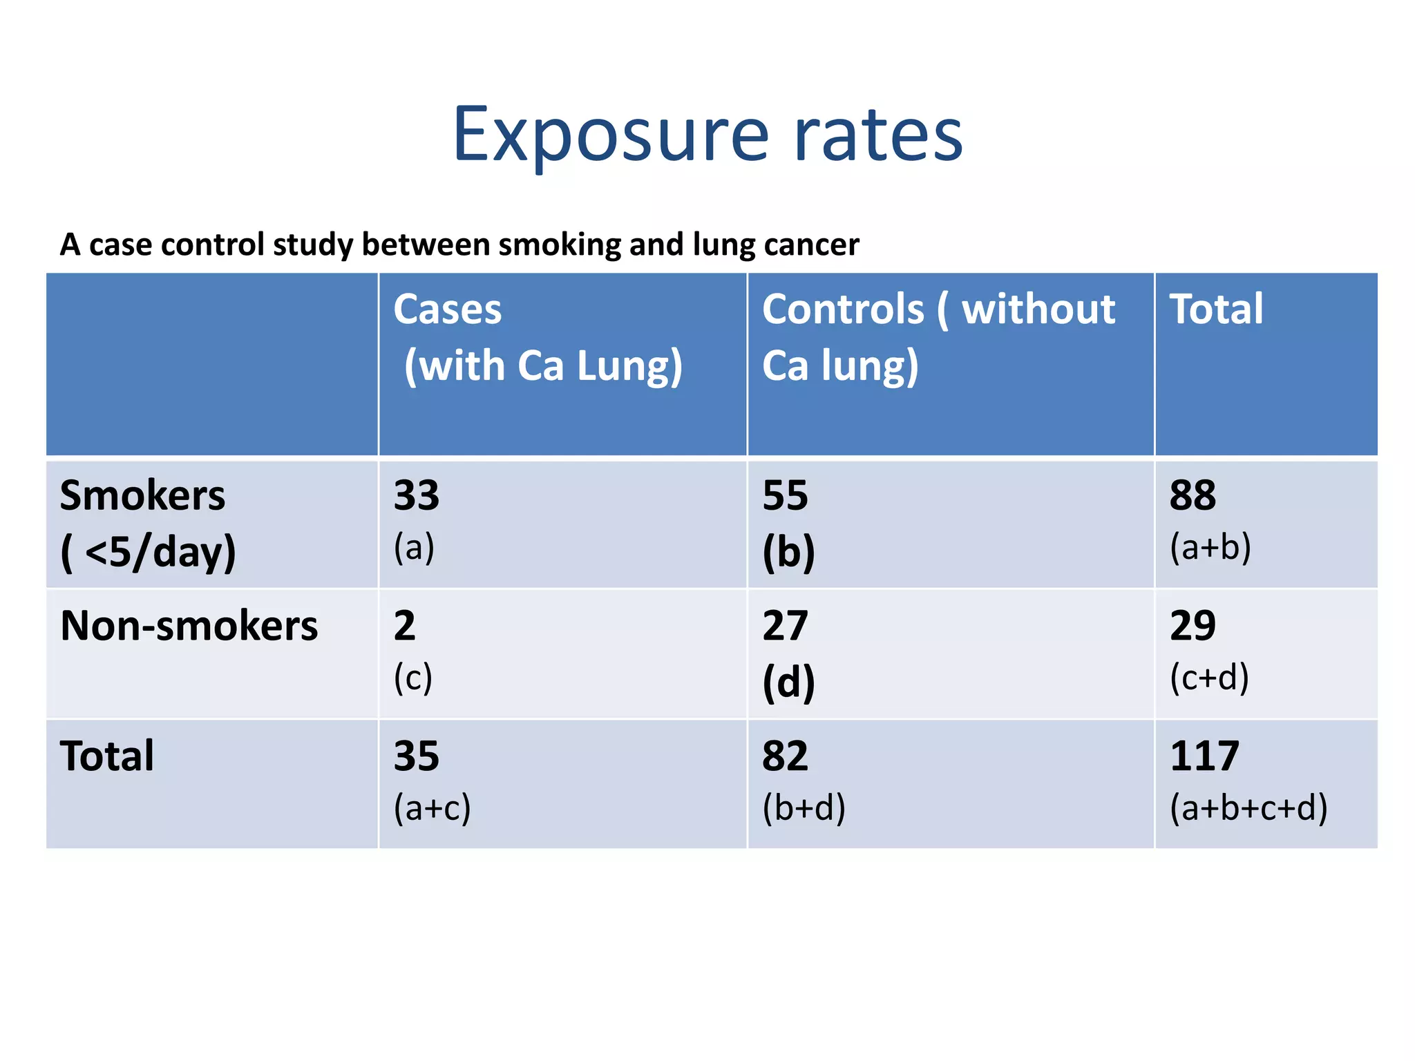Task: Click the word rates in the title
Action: tap(878, 135)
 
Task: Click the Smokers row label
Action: tap(142, 496)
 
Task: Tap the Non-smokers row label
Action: tap(189, 626)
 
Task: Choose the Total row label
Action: tap(107, 756)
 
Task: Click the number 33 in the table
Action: tap(416, 495)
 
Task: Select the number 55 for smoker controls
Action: tap(785, 495)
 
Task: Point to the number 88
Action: tap(1193, 495)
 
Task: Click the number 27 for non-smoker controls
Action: tap(785, 626)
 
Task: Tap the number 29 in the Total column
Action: tap(1193, 626)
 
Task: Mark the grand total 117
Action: tap(1204, 756)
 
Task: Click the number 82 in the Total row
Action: tap(785, 756)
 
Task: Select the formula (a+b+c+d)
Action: tap(1248, 807)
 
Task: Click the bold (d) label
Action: tap(788, 682)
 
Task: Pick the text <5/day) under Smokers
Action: tap(160, 553)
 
